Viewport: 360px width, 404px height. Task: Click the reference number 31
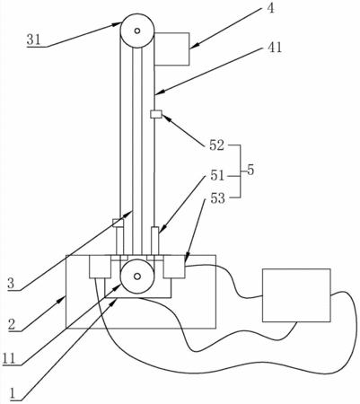(33, 40)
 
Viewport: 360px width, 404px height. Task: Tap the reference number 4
(270, 8)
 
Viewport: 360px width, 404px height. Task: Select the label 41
(275, 48)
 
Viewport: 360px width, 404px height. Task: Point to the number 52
(217, 145)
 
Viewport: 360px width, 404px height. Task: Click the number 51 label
(217, 176)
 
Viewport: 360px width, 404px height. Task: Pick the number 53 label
(217, 198)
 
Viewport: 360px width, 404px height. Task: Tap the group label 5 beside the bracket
(250, 170)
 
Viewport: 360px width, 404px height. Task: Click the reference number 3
(11, 284)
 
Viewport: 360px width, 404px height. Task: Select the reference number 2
(12, 325)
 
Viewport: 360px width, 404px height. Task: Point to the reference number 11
(9, 358)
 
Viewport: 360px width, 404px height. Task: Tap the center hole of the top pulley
(137, 31)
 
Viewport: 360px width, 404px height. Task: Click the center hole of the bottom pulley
(137, 277)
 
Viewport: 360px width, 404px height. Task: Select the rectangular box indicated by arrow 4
(171, 48)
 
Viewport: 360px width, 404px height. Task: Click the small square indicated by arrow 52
(156, 114)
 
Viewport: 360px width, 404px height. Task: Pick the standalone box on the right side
(296, 295)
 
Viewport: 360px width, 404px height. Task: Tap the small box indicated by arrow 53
(174, 267)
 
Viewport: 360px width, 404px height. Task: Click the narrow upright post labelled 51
(155, 241)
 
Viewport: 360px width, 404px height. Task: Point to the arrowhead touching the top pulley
(118, 24)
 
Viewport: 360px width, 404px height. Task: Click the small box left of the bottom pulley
(101, 267)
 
